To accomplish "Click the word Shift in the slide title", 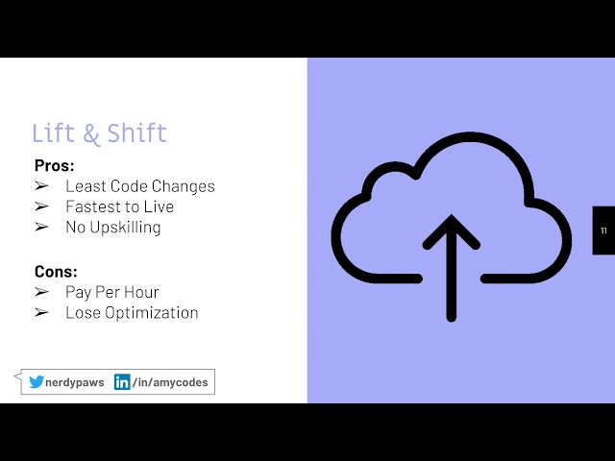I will pyautogui.click(x=136, y=133).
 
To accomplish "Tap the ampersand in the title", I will pyautogui.click(x=91, y=133).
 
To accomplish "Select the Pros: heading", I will pyautogui.click(x=54, y=165).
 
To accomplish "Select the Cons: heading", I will pyautogui.click(x=56, y=271).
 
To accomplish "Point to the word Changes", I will pyautogui.click(x=182, y=186).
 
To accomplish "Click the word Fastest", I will pyautogui.click(x=93, y=206).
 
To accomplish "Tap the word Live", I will pyautogui.click(x=159, y=206).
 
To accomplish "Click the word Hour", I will pyautogui.click(x=140, y=292).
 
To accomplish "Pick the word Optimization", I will pyautogui.click(x=151, y=312).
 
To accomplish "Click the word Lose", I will pyautogui.click(x=83, y=312).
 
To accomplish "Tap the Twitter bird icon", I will pyautogui.click(x=37, y=382).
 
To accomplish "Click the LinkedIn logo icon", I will pyautogui.click(x=122, y=382).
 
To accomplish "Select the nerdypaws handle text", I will pyautogui.click(x=74, y=382).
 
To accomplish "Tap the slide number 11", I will pyautogui.click(x=603, y=230).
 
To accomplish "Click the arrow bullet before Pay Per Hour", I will pyautogui.click(x=41, y=292).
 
